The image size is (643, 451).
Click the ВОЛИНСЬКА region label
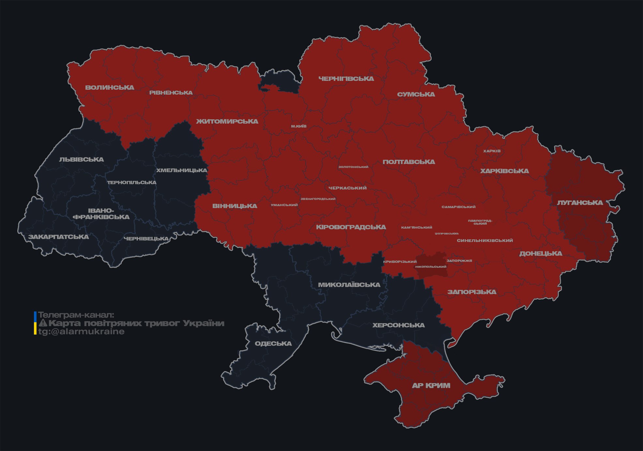[110, 87]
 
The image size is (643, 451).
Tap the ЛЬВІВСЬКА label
[82, 159]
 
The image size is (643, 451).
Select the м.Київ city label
[299, 126]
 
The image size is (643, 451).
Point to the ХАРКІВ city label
[492, 151]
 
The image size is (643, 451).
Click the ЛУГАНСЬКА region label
[580, 203]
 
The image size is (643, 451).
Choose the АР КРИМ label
[431, 385]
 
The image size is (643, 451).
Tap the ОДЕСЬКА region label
[273, 343]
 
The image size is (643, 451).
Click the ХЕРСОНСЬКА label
[398, 325]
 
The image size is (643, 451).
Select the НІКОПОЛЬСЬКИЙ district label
[431, 267]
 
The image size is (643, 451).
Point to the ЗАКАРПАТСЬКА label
[58, 237]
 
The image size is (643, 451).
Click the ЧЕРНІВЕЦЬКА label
[146, 239]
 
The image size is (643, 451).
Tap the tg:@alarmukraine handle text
[81, 332]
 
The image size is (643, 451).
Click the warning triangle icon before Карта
[43, 323]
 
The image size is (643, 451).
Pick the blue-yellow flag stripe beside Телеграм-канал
[35, 323]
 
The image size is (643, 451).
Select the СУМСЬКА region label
[416, 94]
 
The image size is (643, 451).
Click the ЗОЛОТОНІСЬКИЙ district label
[353, 167]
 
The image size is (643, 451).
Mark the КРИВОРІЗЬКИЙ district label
[400, 262]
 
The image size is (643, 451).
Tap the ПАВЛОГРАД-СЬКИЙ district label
[480, 222]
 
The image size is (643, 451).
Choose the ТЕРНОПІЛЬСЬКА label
[132, 183]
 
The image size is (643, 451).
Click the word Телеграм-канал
[76, 315]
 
